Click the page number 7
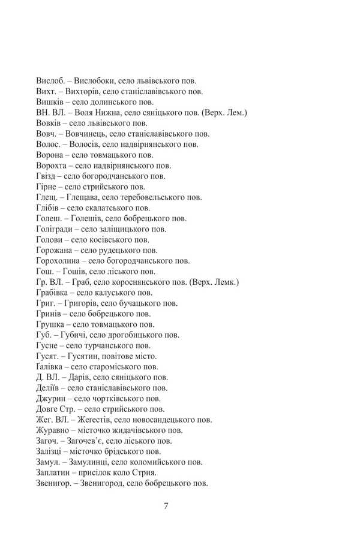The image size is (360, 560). pos(166,505)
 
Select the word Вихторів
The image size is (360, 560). pos(81,91)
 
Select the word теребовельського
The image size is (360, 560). pos(147,197)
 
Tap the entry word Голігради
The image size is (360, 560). pos(55,229)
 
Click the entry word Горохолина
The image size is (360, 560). pos(58,261)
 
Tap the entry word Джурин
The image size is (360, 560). pos(52,398)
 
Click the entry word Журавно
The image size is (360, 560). pos(54,430)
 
